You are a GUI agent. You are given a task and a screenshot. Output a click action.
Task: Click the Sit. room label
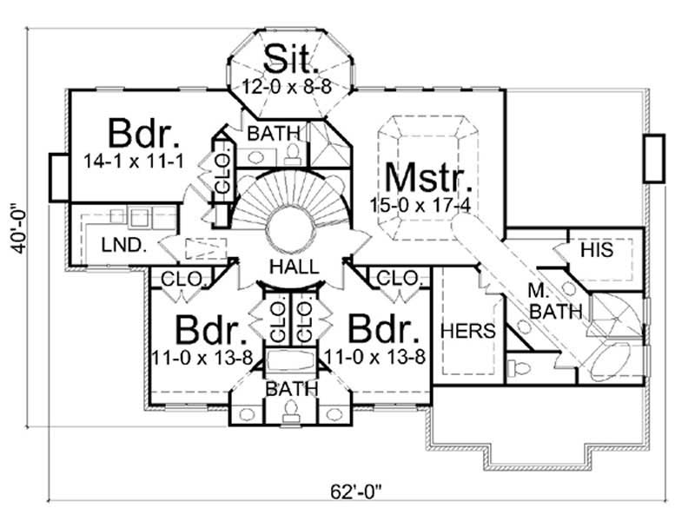tap(291, 58)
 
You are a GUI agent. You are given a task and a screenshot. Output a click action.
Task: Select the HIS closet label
tap(597, 250)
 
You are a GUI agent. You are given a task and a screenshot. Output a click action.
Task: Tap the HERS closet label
tap(467, 330)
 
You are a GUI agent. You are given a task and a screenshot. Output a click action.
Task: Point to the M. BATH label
tap(548, 300)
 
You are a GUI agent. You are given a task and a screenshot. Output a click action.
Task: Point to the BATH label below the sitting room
tap(275, 133)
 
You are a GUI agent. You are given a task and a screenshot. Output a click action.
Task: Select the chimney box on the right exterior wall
tap(652, 158)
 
